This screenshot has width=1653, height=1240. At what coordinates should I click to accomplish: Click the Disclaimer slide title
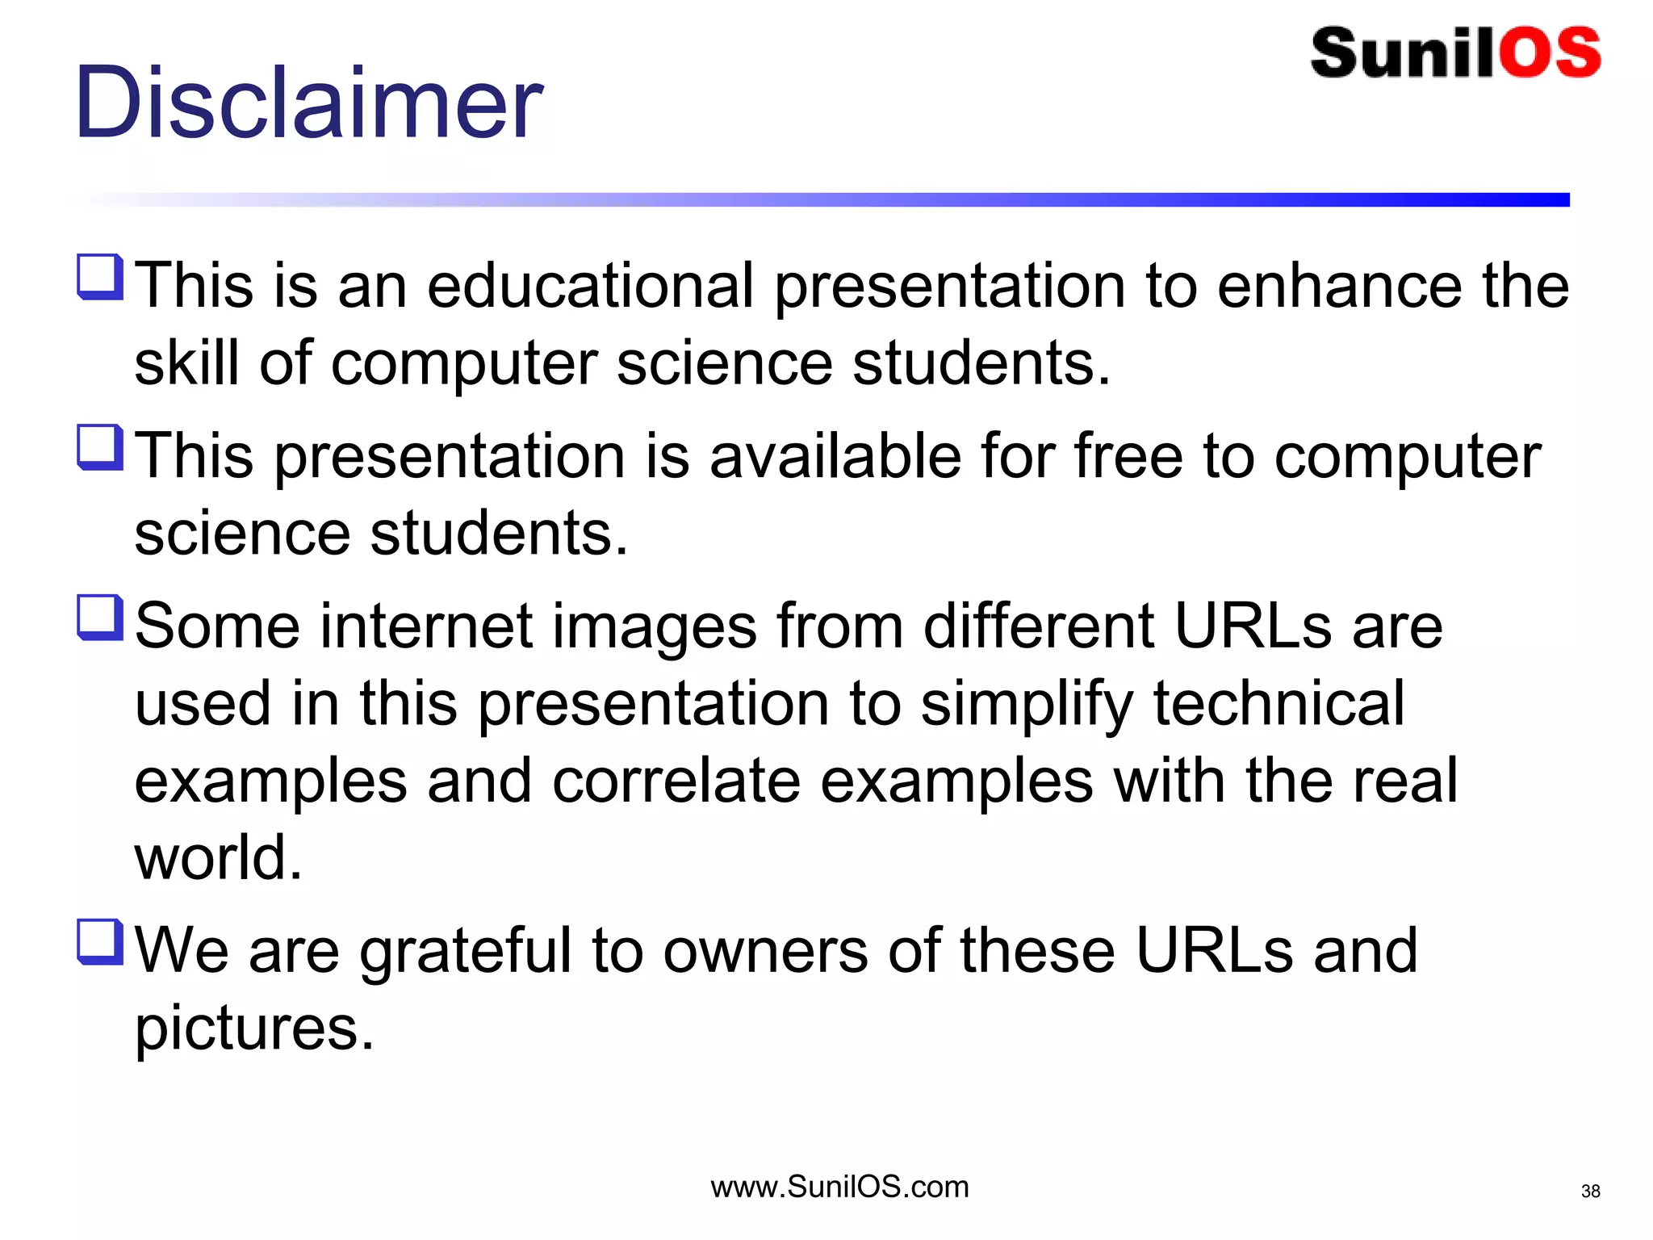(x=308, y=103)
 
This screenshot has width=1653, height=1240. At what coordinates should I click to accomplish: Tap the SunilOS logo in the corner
(x=1455, y=53)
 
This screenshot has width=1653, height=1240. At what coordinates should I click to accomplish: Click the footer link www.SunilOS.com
(x=839, y=1187)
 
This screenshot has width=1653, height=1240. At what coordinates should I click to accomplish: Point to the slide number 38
(x=1590, y=1191)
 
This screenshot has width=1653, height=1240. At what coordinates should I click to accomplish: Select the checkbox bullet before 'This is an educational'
(x=100, y=277)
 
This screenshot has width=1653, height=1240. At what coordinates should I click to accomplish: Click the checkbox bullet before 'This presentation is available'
(x=100, y=447)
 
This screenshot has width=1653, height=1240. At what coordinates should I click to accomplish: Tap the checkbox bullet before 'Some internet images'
(x=100, y=618)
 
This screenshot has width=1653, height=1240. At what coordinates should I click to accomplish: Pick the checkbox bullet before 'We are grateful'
(x=100, y=942)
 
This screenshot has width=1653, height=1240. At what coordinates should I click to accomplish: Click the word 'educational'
(x=590, y=286)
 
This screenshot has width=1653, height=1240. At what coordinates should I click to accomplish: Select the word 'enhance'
(x=1339, y=286)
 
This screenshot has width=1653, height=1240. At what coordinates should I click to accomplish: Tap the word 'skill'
(x=186, y=362)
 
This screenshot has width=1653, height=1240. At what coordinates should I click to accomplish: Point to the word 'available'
(x=835, y=456)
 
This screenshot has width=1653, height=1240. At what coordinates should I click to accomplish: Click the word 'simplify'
(x=1027, y=704)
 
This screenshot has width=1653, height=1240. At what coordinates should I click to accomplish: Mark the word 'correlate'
(x=676, y=781)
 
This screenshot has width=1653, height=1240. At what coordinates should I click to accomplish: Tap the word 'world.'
(x=218, y=857)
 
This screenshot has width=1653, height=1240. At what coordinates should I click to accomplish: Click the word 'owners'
(x=766, y=951)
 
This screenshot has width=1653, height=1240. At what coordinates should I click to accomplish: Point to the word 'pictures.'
(x=254, y=1028)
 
